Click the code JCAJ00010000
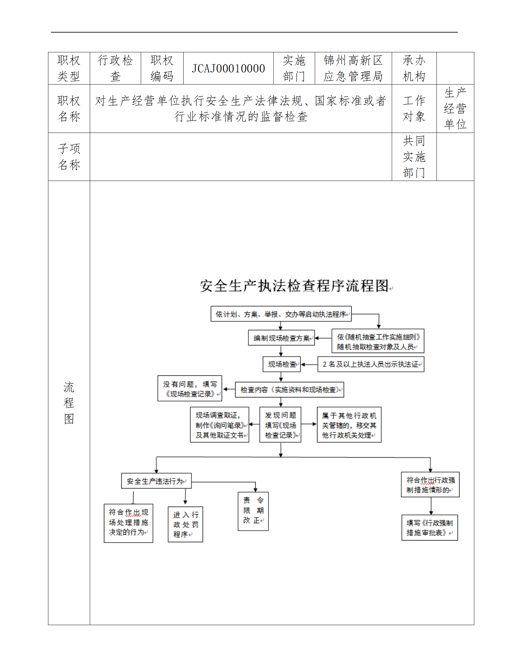[x=228, y=68]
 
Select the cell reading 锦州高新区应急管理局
[x=353, y=68]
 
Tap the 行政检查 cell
[x=115, y=68]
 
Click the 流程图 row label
[x=69, y=403]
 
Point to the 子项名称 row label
[x=69, y=157]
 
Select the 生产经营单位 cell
[x=455, y=109]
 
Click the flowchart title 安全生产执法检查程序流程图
[x=295, y=286]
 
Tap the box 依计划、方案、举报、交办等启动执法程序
[x=281, y=314]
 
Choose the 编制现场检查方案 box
[x=281, y=338]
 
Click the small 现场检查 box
[x=282, y=364]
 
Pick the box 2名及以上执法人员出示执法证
[x=371, y=364]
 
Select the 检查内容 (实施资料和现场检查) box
[x=289, y=390]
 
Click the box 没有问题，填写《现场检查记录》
[x=190, y=389]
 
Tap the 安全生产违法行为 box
[x=156, y=481]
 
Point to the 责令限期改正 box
[x=253, y=511]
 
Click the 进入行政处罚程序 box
[x=185, y=524]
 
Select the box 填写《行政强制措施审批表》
[x=430, y=528]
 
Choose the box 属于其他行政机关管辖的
[x=349, y=425]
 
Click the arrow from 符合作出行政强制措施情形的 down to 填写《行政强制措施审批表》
[x=431, y=506]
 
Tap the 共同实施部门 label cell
[x=414, y=157]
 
